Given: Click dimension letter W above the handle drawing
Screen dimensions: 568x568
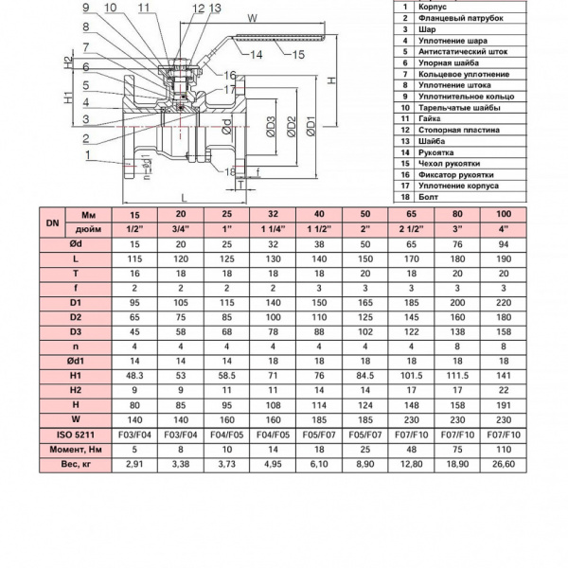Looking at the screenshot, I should tap(251, 17).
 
